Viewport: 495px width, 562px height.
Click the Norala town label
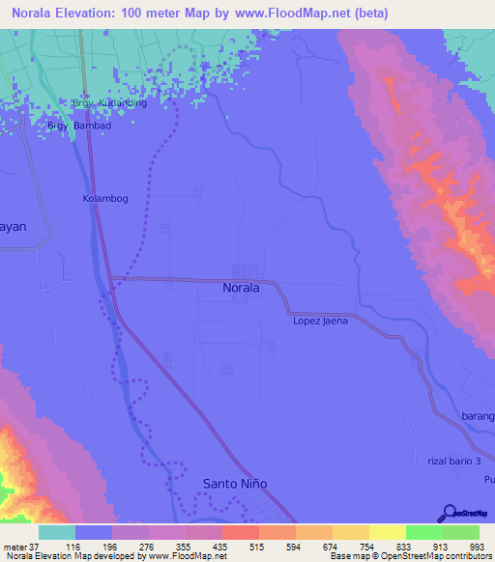click(x=241, y=288)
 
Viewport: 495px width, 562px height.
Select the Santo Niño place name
click(x=234, y=483)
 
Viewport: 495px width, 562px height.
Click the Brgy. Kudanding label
click(x=109, y=102)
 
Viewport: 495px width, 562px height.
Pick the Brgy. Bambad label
click(x=79, y=126)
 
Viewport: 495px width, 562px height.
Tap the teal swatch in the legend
click(x=57, y=532)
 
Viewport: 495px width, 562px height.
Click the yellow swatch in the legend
click(x=387, y=532)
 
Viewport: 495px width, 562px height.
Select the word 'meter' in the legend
click(x=15, y=546)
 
